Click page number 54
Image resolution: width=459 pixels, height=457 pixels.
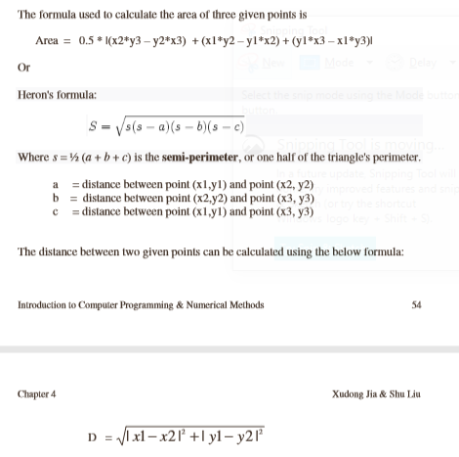[417, 304]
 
